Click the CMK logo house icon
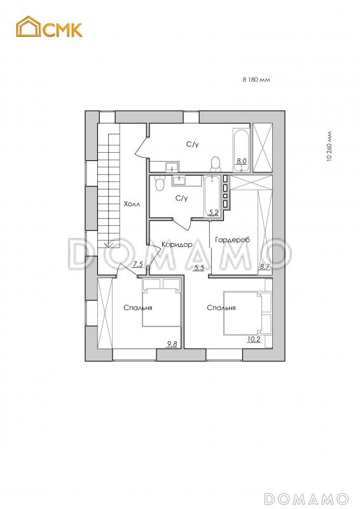coord(29,26)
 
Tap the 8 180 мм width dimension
coord(256,79)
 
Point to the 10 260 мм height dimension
coord(329,146)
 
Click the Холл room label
coord(132,204)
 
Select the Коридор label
coord(177,244)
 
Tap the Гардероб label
coord(232,240)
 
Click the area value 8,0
coord(242,161)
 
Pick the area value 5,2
coord(213,213)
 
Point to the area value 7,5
coord(137,265)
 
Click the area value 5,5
coord(198,268)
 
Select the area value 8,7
coord(264,267)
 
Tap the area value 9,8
coord(172,344)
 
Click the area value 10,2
coord(254,340)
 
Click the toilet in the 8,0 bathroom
coord(215,164)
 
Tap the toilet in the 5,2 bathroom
coord(160,183)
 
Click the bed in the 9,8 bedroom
coord(162,302)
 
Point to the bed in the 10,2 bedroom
coord(247,312)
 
